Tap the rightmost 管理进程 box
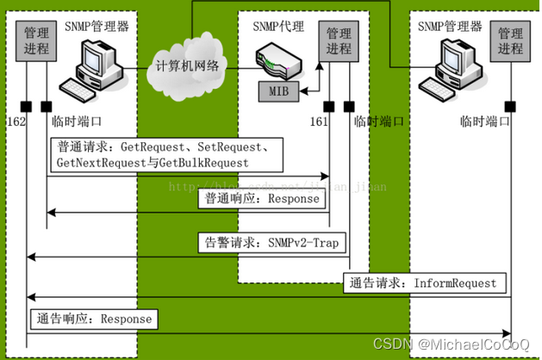pos(511,40)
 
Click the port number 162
pos(16,121)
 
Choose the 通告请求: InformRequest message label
pos(423,283)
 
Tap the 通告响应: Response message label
pos(95,319)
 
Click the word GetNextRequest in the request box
pos(97,162)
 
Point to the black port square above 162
pos(27,106)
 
